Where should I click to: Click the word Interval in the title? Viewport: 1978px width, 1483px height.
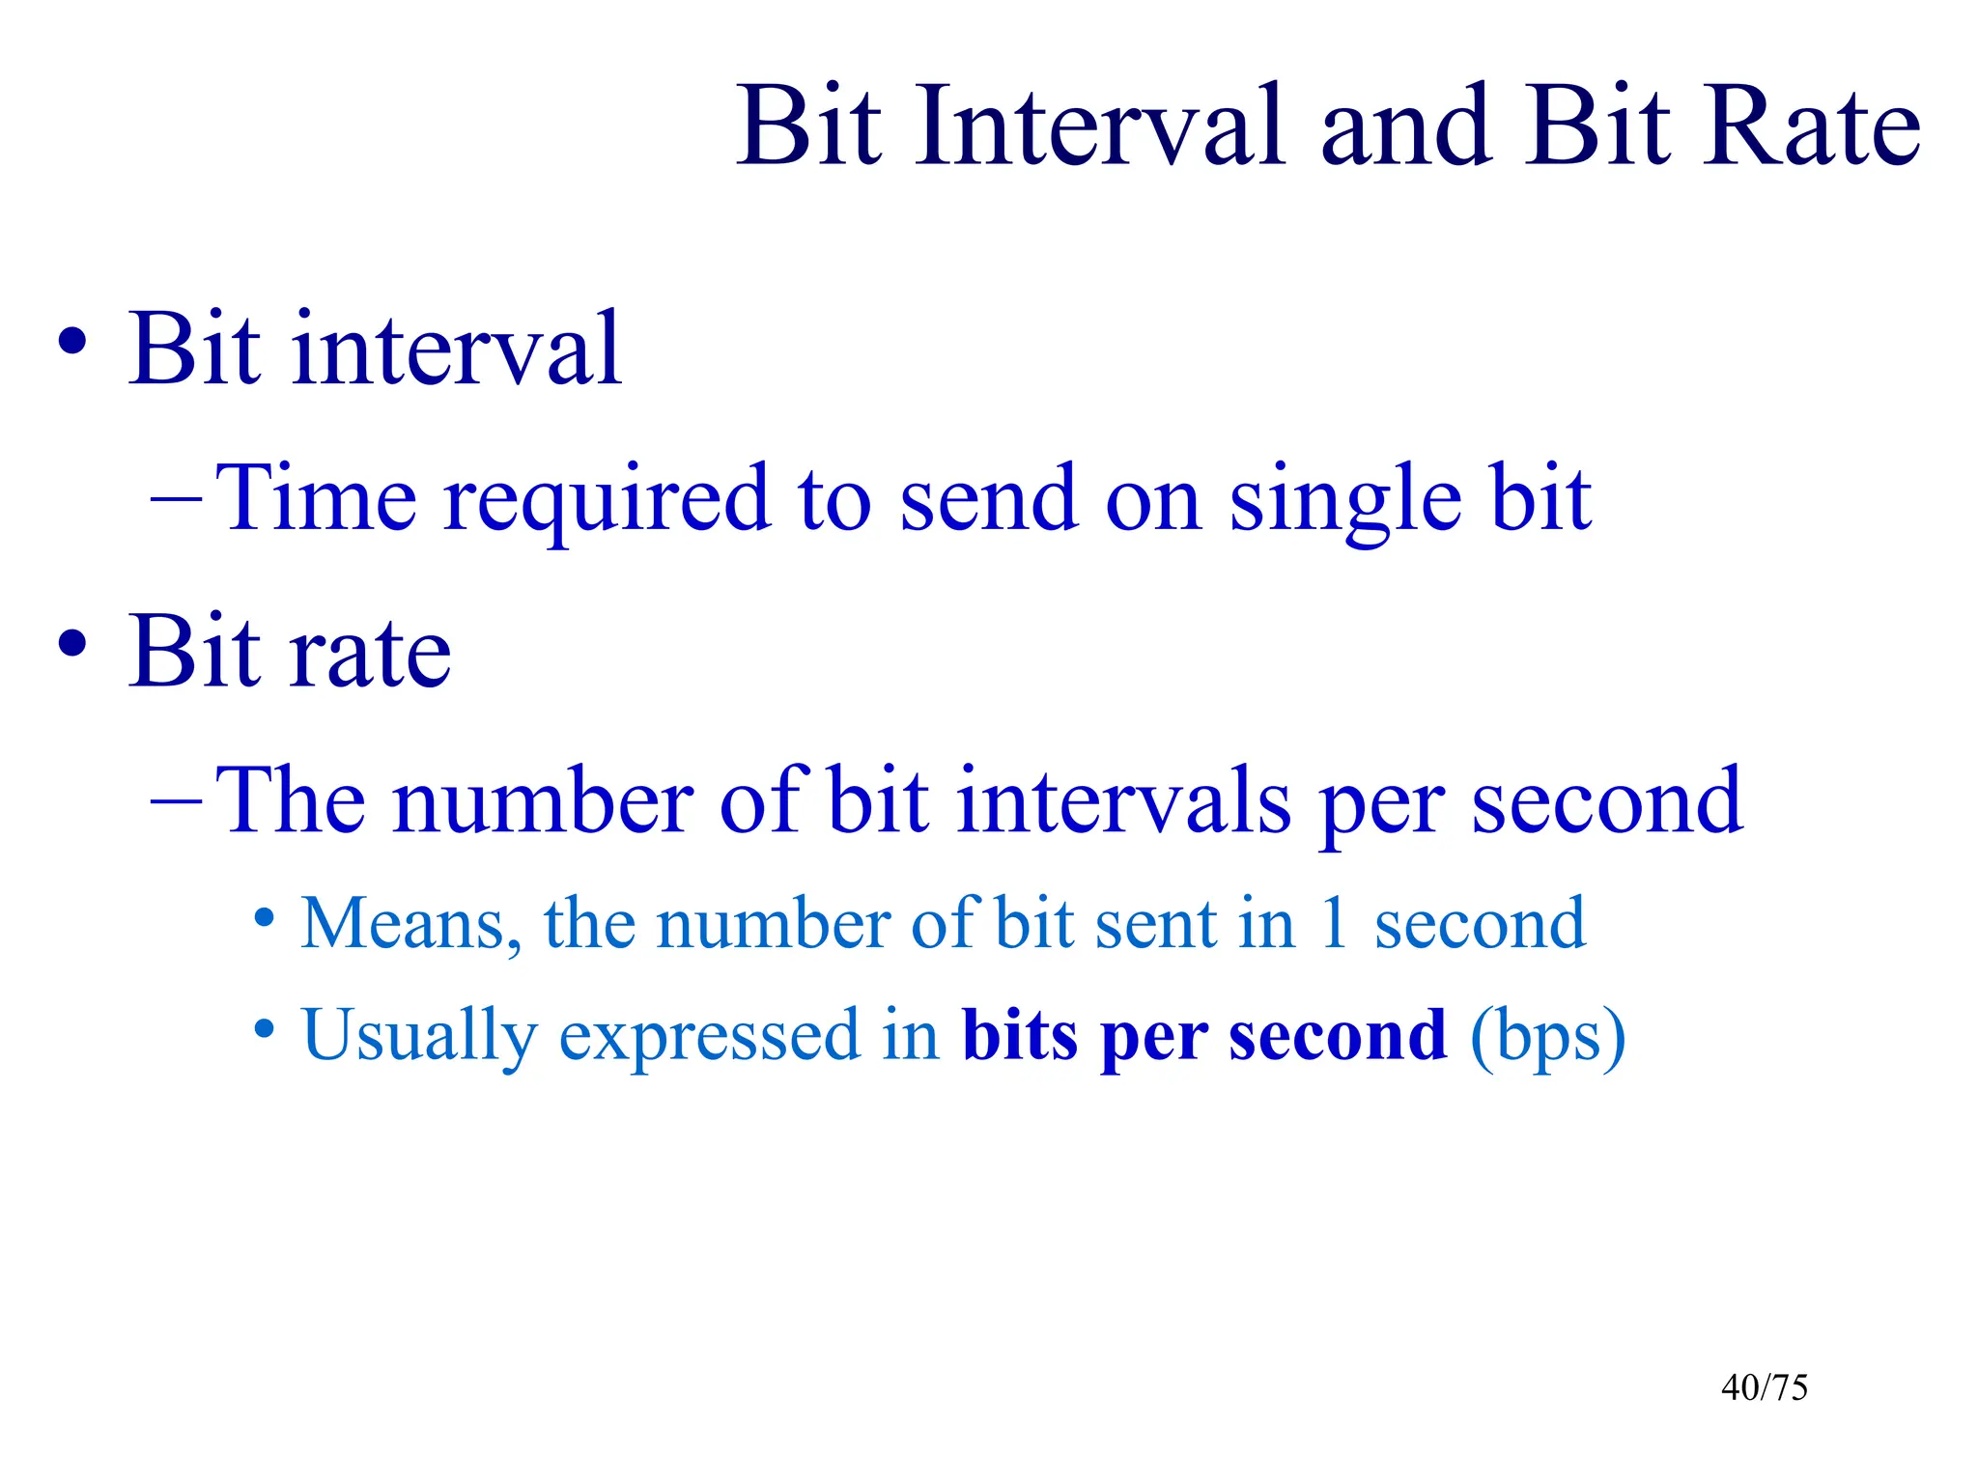tap(1100, 126)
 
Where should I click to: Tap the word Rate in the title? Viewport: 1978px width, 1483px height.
tap(1810, 126)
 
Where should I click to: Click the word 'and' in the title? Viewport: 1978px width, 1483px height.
tap(1404, 126)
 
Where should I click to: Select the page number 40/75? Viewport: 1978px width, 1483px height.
tap(1764, 1387)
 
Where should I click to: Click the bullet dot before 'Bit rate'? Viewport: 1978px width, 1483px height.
tap(72, 644)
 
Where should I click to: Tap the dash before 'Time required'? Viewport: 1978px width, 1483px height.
tap(177, 500)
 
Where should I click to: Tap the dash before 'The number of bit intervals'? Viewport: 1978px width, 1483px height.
tap(177, 801)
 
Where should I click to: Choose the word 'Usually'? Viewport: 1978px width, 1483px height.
tap(418, 1036)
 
